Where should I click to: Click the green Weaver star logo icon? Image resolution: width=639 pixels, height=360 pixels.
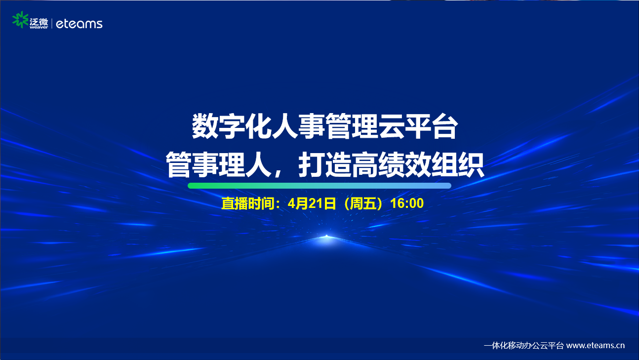click(x=20, y=20)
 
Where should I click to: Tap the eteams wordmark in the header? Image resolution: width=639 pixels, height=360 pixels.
click(x=79, y=24)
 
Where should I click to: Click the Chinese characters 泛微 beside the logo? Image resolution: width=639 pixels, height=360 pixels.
click(x=39, y=22)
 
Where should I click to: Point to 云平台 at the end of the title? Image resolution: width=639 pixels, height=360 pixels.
click(x=418, y=126)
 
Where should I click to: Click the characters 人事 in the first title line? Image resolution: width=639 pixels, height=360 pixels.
click(x=298, y=126)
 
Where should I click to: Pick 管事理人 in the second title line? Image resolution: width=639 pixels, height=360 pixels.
click(x=219, y=165)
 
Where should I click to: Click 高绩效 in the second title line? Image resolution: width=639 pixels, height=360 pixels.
click(x=392, y=165)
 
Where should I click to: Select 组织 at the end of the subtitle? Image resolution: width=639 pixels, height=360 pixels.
click(x=458, y=165)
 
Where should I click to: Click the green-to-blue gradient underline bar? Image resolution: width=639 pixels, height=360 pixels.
click(x=319, y=186)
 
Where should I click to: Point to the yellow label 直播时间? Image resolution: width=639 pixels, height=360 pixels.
click(x=248, y=203)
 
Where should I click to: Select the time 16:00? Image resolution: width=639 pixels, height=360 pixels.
click(x=407, y=203)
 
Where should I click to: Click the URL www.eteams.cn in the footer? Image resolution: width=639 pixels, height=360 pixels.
click(x=596, y=346)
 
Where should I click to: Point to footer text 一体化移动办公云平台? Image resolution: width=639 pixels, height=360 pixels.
click(x=524, y=346)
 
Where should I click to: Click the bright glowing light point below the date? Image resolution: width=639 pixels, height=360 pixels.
click(x=326, y=237)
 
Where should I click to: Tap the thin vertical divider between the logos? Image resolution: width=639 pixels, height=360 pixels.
click(x=52, y=23)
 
